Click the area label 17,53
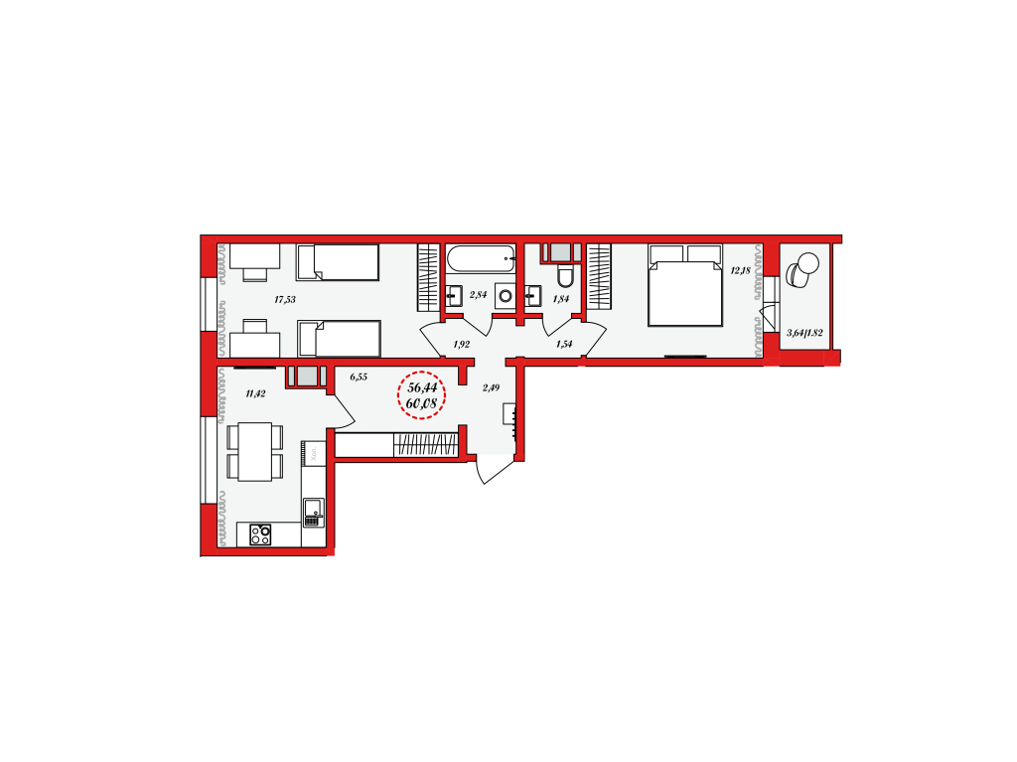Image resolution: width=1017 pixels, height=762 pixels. click(x=285, y=300)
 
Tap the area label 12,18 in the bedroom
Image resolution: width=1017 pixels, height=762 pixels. click(x=740, y=270)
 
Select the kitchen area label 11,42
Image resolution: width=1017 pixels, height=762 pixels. click(x=255, y=393)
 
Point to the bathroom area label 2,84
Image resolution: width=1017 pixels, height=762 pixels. click(x=478, y=295)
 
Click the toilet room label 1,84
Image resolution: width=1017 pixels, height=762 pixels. click(x=561, y=299)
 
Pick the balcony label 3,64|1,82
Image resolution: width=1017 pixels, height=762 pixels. click(x=804, y=333)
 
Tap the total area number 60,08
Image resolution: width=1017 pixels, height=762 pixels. click(x=421, y=403)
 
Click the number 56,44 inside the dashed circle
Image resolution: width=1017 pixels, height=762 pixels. click(x=422, y=387)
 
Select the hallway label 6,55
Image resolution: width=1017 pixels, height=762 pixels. click(x=359, y=377)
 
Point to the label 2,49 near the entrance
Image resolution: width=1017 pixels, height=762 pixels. click(x=491, y=388)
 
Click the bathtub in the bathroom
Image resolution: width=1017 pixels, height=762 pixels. click(x=481, y=258)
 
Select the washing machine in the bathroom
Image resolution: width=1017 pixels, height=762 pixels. click(x=506, y=296)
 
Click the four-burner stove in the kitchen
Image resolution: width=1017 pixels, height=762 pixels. click(x=261, y=534)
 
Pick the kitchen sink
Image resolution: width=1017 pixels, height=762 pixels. click(x=313, y=512)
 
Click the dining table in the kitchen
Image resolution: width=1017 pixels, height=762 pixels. click(x=255, y=452)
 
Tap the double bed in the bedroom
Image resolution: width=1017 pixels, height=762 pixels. click(x=685, y=285)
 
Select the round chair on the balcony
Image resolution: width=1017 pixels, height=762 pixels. click(x=802, y=269)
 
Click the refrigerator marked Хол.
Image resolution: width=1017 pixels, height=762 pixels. click(x=313, y=452)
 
